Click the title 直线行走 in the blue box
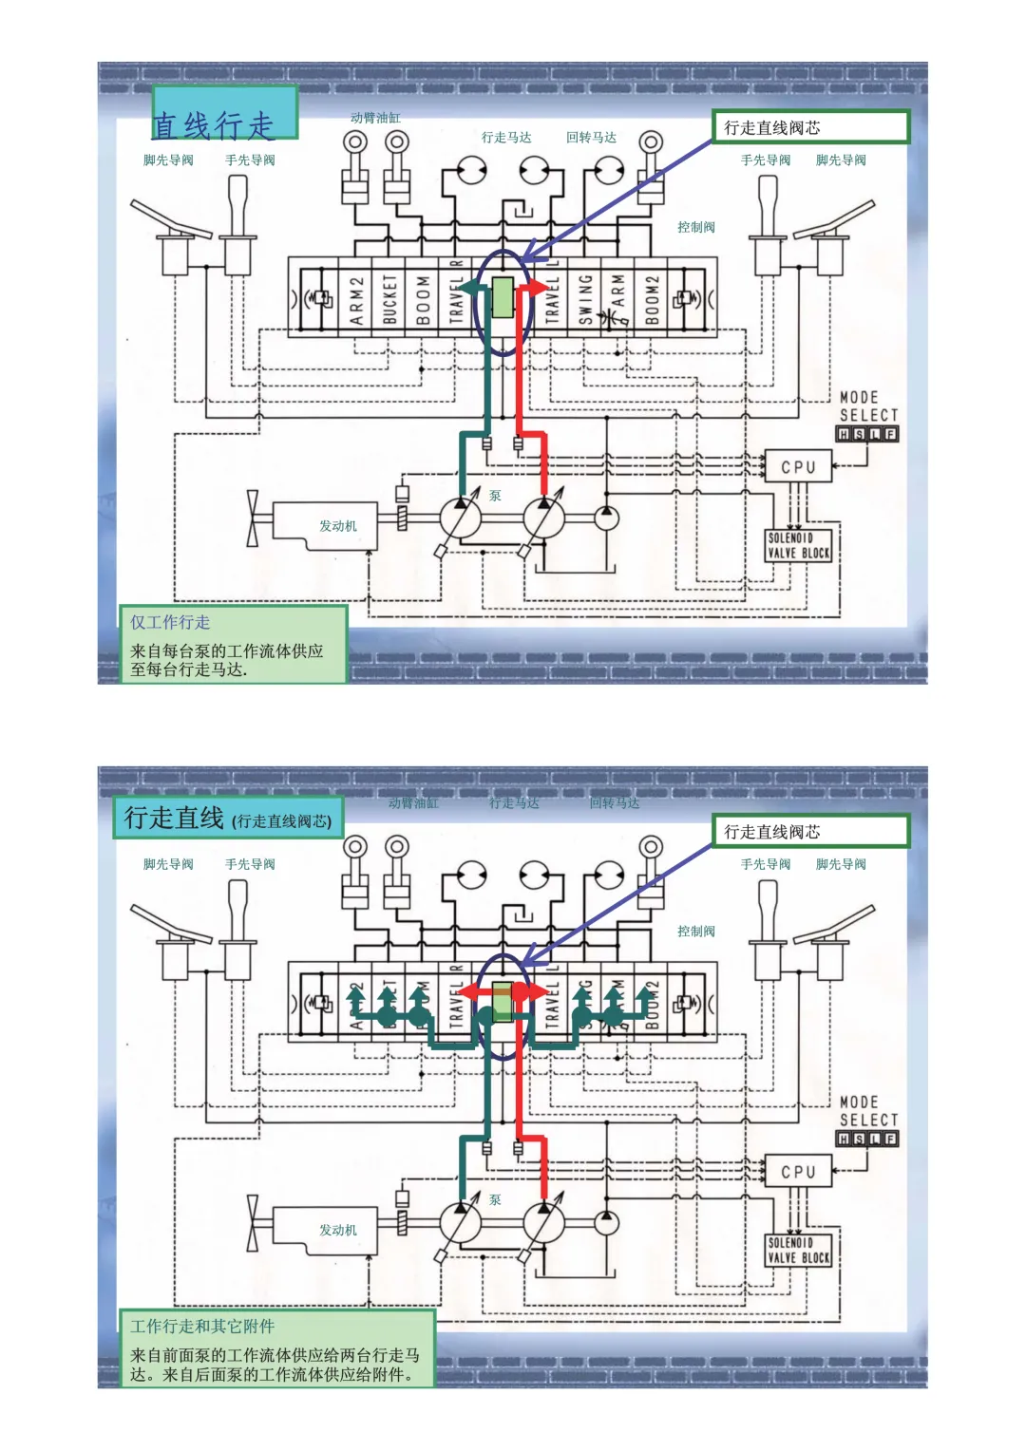point(215,124)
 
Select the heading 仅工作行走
point(170,622)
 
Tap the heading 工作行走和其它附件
point(202,1326)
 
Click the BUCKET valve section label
point(389,299)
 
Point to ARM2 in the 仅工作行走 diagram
point(356,300)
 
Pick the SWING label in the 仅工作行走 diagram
point(585,299)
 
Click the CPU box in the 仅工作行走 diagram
point(798,467)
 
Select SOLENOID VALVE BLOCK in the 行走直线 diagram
point(798,1250)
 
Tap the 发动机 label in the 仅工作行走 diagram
point(337,526)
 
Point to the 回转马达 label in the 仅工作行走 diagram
point(591,138)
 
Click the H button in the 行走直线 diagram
point(844,1139)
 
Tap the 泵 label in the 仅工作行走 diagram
point(495,496)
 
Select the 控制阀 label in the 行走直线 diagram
point(696,932)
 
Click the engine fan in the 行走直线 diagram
point(253,1223)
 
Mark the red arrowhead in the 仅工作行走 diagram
point(539,287)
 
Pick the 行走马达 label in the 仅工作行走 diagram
point(506,138)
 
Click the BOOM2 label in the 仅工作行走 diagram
point(652,299)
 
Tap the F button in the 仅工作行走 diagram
point(890,434)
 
